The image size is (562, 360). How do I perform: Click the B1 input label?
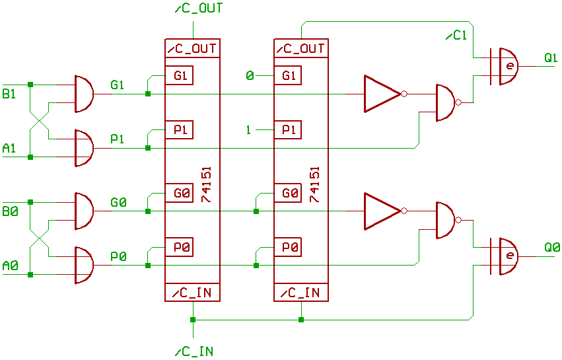point(9,94)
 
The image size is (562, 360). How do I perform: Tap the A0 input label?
point(10,266)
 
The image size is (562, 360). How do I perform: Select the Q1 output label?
point(551,58)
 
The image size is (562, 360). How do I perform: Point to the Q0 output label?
point(552,248)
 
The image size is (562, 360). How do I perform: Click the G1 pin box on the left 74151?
point(180,76)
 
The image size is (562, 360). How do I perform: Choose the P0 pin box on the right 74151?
point(289,248)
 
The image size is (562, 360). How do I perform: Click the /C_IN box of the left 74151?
point(192,293)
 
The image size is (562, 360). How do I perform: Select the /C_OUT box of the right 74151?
point(300,48)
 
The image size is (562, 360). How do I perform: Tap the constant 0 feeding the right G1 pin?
point(250,76)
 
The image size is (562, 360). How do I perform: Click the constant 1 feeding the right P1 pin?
point(248,130)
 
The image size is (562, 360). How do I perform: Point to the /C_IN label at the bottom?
point(194,351)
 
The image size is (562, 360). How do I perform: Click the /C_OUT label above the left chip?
point(199,9)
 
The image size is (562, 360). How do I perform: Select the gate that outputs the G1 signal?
point(84,93)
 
